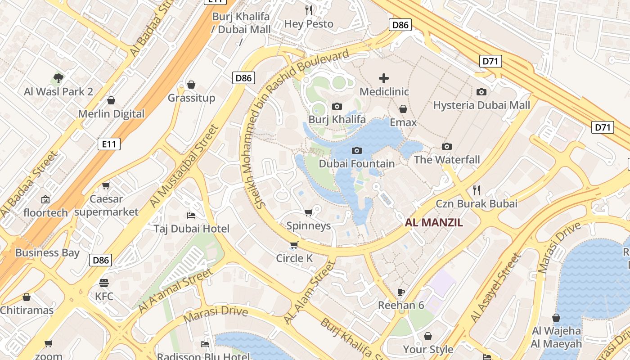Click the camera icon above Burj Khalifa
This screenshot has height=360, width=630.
(x=337, y=106)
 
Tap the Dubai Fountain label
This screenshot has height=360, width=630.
(x=356, y=164)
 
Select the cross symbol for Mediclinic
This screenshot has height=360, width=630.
(x=384, y=79)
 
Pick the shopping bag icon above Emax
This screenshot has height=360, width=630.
(x=403, y=109)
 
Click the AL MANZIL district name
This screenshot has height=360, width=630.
(x=434, y=222)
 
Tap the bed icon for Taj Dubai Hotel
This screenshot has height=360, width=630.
(x=191, y=216)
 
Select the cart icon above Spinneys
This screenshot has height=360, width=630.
(x=308, y=212)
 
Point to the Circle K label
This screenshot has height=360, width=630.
(x=294, y=258)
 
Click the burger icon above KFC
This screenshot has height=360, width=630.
(x=104, y=283)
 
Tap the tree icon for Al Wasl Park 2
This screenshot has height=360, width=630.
(x=58, y=78)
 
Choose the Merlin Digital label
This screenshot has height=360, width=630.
(x=111, y=114)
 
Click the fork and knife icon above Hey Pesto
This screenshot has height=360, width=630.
(x=309, y=10)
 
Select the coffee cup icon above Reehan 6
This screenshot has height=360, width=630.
(x=401, y=292)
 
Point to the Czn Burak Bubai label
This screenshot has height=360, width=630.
(x=476, y=203)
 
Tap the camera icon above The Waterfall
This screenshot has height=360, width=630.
(x=447, y=146)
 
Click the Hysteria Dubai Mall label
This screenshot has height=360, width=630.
(x=481, y=105)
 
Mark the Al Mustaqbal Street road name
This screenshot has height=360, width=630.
(x=184, y=166)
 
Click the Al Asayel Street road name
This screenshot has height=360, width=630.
(x=496, y=288)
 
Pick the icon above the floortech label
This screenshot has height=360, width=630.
(x=45, y=199)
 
